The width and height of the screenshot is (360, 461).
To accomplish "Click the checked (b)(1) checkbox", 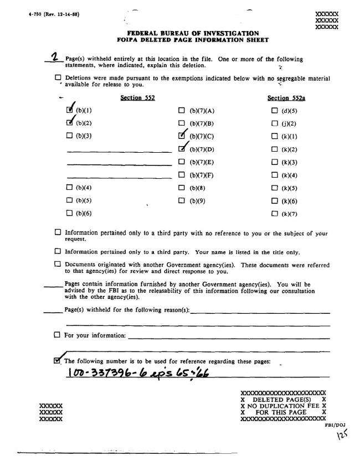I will pos(69,110).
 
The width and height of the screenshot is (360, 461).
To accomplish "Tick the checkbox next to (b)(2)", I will pos(69,122).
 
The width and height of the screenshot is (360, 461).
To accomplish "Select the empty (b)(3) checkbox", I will pos(69,135).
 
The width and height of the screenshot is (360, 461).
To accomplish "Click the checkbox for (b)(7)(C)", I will pos(182,135).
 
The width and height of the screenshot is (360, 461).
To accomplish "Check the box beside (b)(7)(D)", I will pos(182,148).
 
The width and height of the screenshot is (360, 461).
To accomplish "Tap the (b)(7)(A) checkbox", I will pos(182,110).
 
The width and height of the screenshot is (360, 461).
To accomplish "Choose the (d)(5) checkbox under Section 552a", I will pos(274,110).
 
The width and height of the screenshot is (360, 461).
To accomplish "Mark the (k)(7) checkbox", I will pos(274,214).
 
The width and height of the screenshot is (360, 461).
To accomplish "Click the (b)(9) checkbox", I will pos(182,200).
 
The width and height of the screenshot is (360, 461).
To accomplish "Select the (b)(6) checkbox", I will pos(69,213).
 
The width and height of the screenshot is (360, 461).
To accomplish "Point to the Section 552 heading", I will pos(137,98).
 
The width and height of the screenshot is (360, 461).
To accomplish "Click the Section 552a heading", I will pos(286,98).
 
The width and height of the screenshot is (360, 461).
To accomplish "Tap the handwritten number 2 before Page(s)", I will pos(55,58).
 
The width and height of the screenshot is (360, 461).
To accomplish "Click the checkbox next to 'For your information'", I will pos(57,335).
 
